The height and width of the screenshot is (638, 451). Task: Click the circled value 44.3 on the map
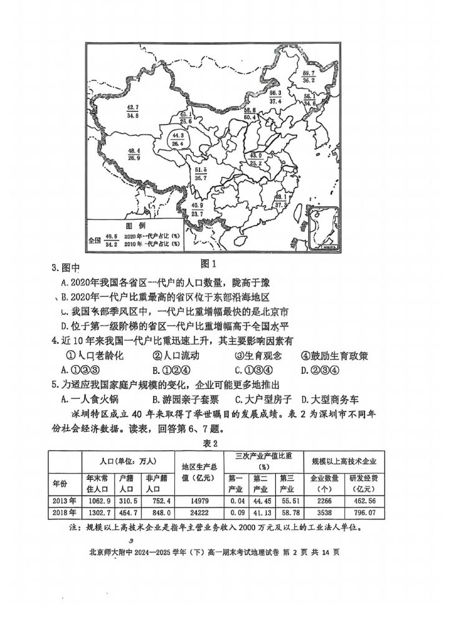click(178, 135)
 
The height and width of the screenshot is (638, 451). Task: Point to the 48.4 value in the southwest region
click(134, 151)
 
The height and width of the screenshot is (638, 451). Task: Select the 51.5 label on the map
click(200, 169)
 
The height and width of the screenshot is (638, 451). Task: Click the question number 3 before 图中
click(54, 268)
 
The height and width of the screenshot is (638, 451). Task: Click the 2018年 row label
click(64, 513)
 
